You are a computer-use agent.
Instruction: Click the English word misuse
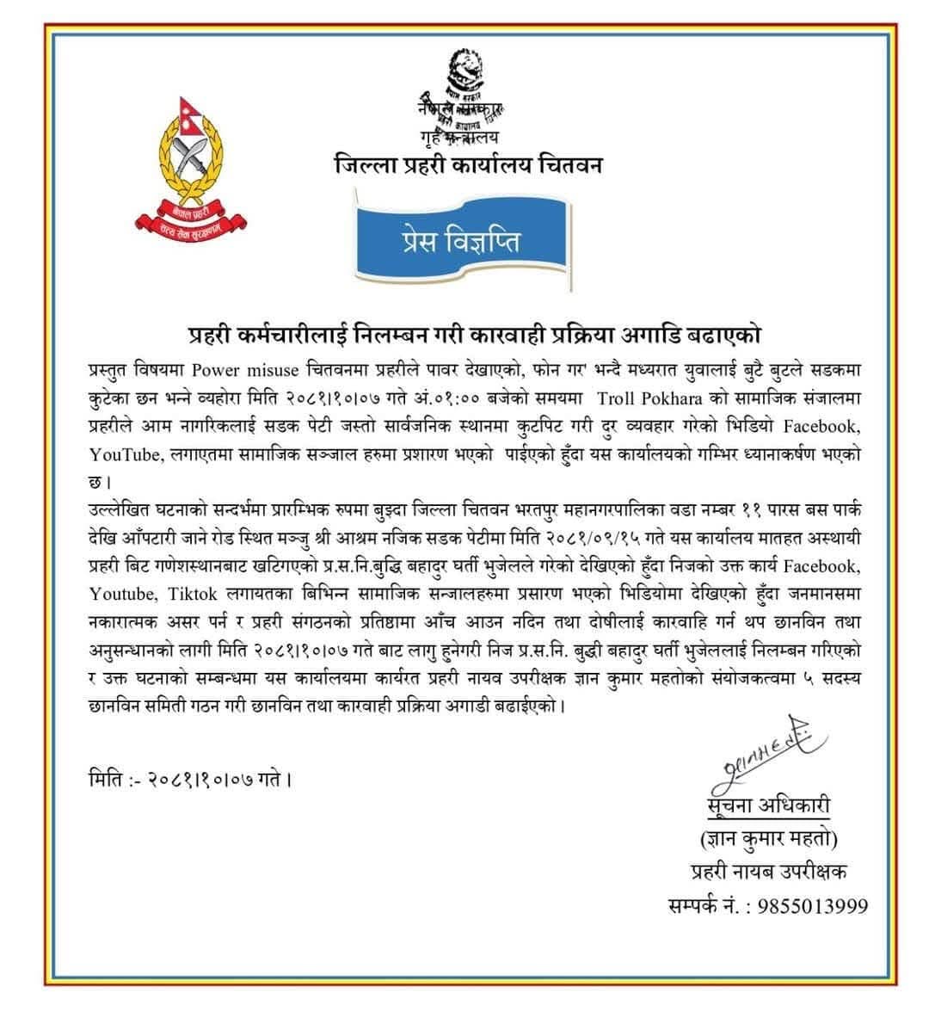point(274,371)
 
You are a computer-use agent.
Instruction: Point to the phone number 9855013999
point(813,906)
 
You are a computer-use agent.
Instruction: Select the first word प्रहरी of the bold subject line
point(213,334)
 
